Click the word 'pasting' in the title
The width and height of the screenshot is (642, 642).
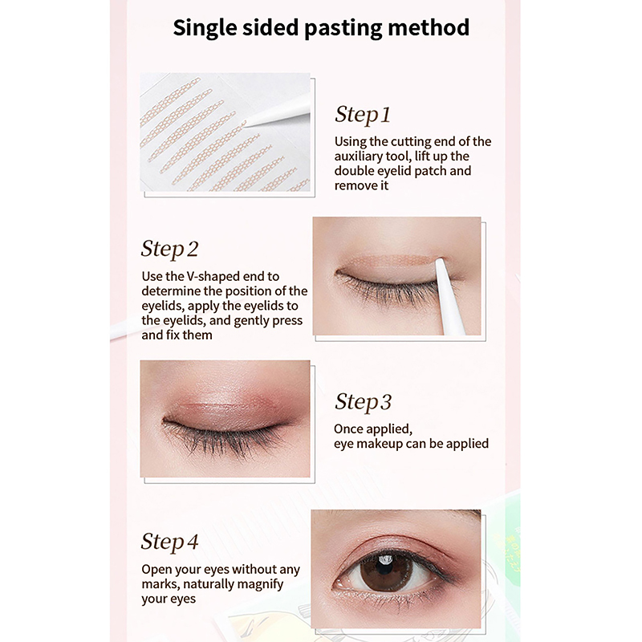pos(343,28)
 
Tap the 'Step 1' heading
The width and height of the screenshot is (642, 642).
pos(363,114)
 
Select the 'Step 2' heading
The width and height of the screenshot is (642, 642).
pos(169,249)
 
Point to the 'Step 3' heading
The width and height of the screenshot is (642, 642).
pos(363,402)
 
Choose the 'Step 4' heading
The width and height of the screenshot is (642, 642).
pos(169,542)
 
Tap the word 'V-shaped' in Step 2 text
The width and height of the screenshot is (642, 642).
pos(210,276)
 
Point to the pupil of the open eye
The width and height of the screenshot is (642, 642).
pos(385,570)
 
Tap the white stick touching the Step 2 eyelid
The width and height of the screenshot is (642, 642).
pos(449,295)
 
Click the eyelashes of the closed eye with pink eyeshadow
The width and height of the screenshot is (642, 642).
pos(223,439)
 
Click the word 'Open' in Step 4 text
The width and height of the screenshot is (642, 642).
pos(156,570)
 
